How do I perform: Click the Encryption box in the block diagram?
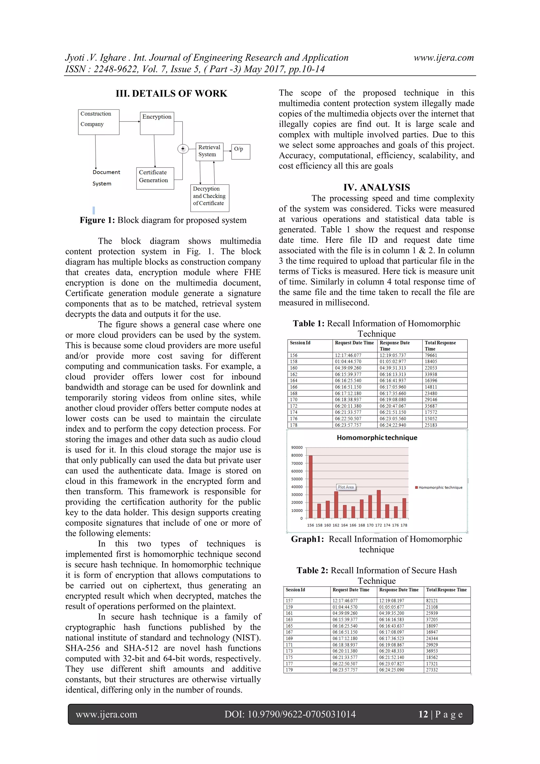point(157,123)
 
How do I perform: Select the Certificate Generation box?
point(155,178)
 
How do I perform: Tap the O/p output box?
point(240,152)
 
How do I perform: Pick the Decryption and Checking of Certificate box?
point(209,198)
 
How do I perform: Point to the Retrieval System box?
point(209,152)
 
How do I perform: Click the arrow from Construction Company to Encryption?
point(130,121)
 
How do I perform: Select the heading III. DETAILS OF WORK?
point(171,93)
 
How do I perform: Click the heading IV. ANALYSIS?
point(377,187)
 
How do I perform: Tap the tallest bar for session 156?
point(311,486)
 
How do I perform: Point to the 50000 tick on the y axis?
point(297,479)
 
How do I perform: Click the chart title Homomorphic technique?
point(377,438)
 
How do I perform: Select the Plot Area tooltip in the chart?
point(346,487)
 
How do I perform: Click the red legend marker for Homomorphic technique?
point(416,488)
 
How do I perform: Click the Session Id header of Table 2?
point(295,590)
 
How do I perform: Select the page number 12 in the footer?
point(423,714)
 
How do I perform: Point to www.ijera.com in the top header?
point(443,58)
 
